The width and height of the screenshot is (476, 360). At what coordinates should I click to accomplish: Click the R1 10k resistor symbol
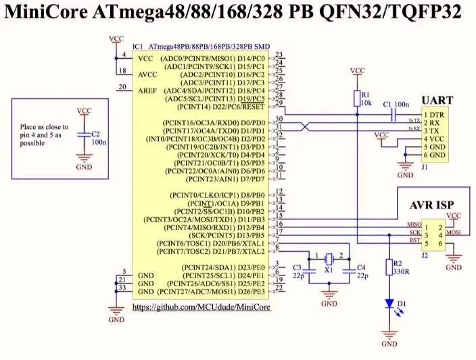[357, 99]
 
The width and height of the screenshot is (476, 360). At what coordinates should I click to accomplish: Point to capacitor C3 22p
[308, 269]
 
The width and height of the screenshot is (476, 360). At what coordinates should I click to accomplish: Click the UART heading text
[437, 100]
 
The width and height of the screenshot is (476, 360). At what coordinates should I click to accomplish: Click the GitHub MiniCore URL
[201, 307]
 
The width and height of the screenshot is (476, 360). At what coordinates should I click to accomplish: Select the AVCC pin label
[149, 74]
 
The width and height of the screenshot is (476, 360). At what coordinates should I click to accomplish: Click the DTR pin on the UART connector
[435, 115]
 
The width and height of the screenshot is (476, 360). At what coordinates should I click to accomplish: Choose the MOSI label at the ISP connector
[453, 231]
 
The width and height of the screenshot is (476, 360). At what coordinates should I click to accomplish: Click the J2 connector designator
[425, 255]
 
